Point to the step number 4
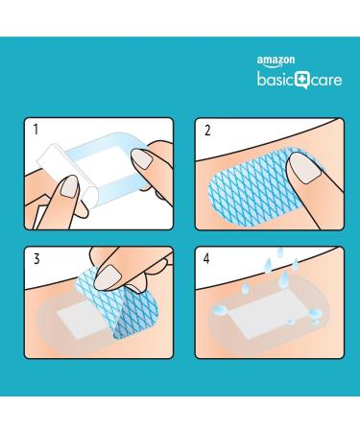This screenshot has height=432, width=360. click(206, 259)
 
